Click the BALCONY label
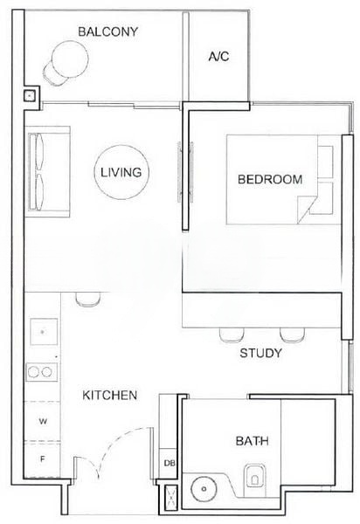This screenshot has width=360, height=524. click(x=107, y=32)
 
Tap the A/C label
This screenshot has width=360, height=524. click(x=218, y=57)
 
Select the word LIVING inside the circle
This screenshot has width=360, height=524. click(x=121, y=172)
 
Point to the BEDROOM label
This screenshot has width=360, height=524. click(x=270, y=180)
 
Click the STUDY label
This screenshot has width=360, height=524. click(x=260, y=354)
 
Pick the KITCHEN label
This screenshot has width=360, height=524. click(x=109, y=396)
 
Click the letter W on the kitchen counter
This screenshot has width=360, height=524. click(x=42, y=421)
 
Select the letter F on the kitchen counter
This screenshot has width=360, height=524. click(x=42, y=457)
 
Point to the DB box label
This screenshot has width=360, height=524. click(x=169, y=464)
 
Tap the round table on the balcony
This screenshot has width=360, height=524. click(x=67, y=60)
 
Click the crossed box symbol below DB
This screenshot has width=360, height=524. click(x=169, y=498)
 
